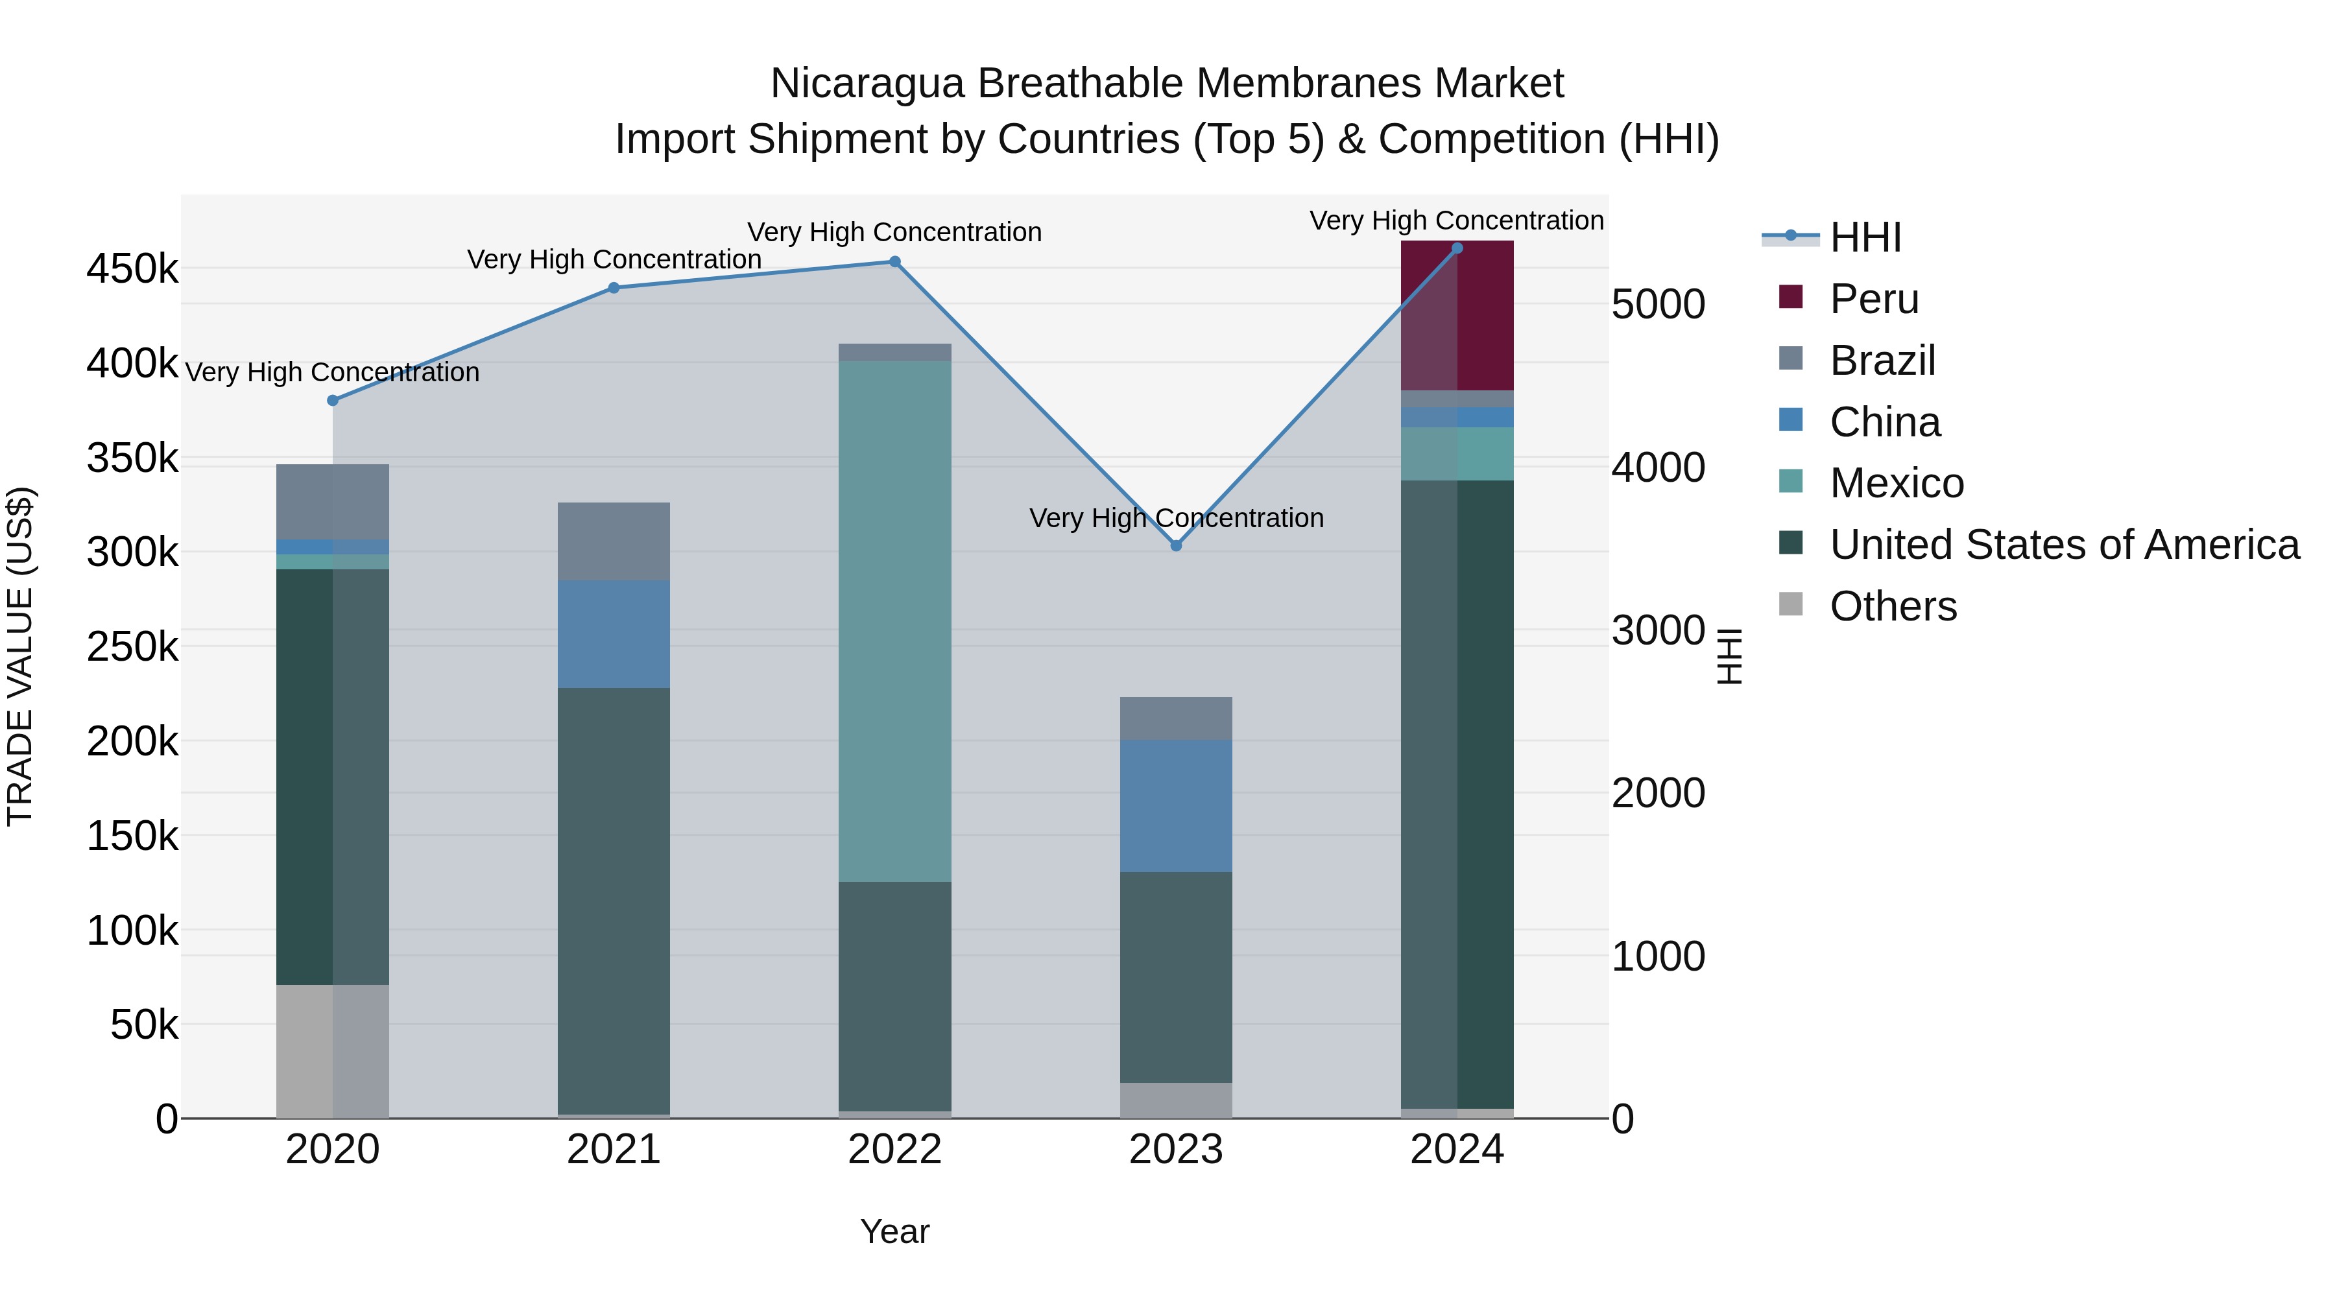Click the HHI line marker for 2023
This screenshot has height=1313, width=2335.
[1176, 545]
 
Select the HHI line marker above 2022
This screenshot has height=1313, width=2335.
[894, 262]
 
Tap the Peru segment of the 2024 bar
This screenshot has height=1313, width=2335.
[1457, 315]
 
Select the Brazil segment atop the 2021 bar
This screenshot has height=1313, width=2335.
[614, 541]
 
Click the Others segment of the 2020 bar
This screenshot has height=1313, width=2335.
[333, 1051]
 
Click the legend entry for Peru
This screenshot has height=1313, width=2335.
[1874, 299]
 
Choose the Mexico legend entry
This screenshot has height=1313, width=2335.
[1897, 483]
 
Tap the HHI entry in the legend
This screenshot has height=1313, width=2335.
[1865, 237]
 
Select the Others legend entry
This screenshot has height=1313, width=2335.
[1893, 606]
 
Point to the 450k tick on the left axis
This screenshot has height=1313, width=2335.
[132, 269]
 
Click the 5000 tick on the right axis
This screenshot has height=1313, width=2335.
[1658, 305]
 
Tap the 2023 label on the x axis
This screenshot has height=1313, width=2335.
[1176, 1150]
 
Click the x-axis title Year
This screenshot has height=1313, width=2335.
[894, 1231]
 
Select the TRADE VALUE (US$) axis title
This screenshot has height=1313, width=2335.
[20, 656]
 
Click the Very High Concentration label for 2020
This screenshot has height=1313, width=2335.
[333, 372]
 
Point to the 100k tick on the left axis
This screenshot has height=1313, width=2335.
[132, 930]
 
